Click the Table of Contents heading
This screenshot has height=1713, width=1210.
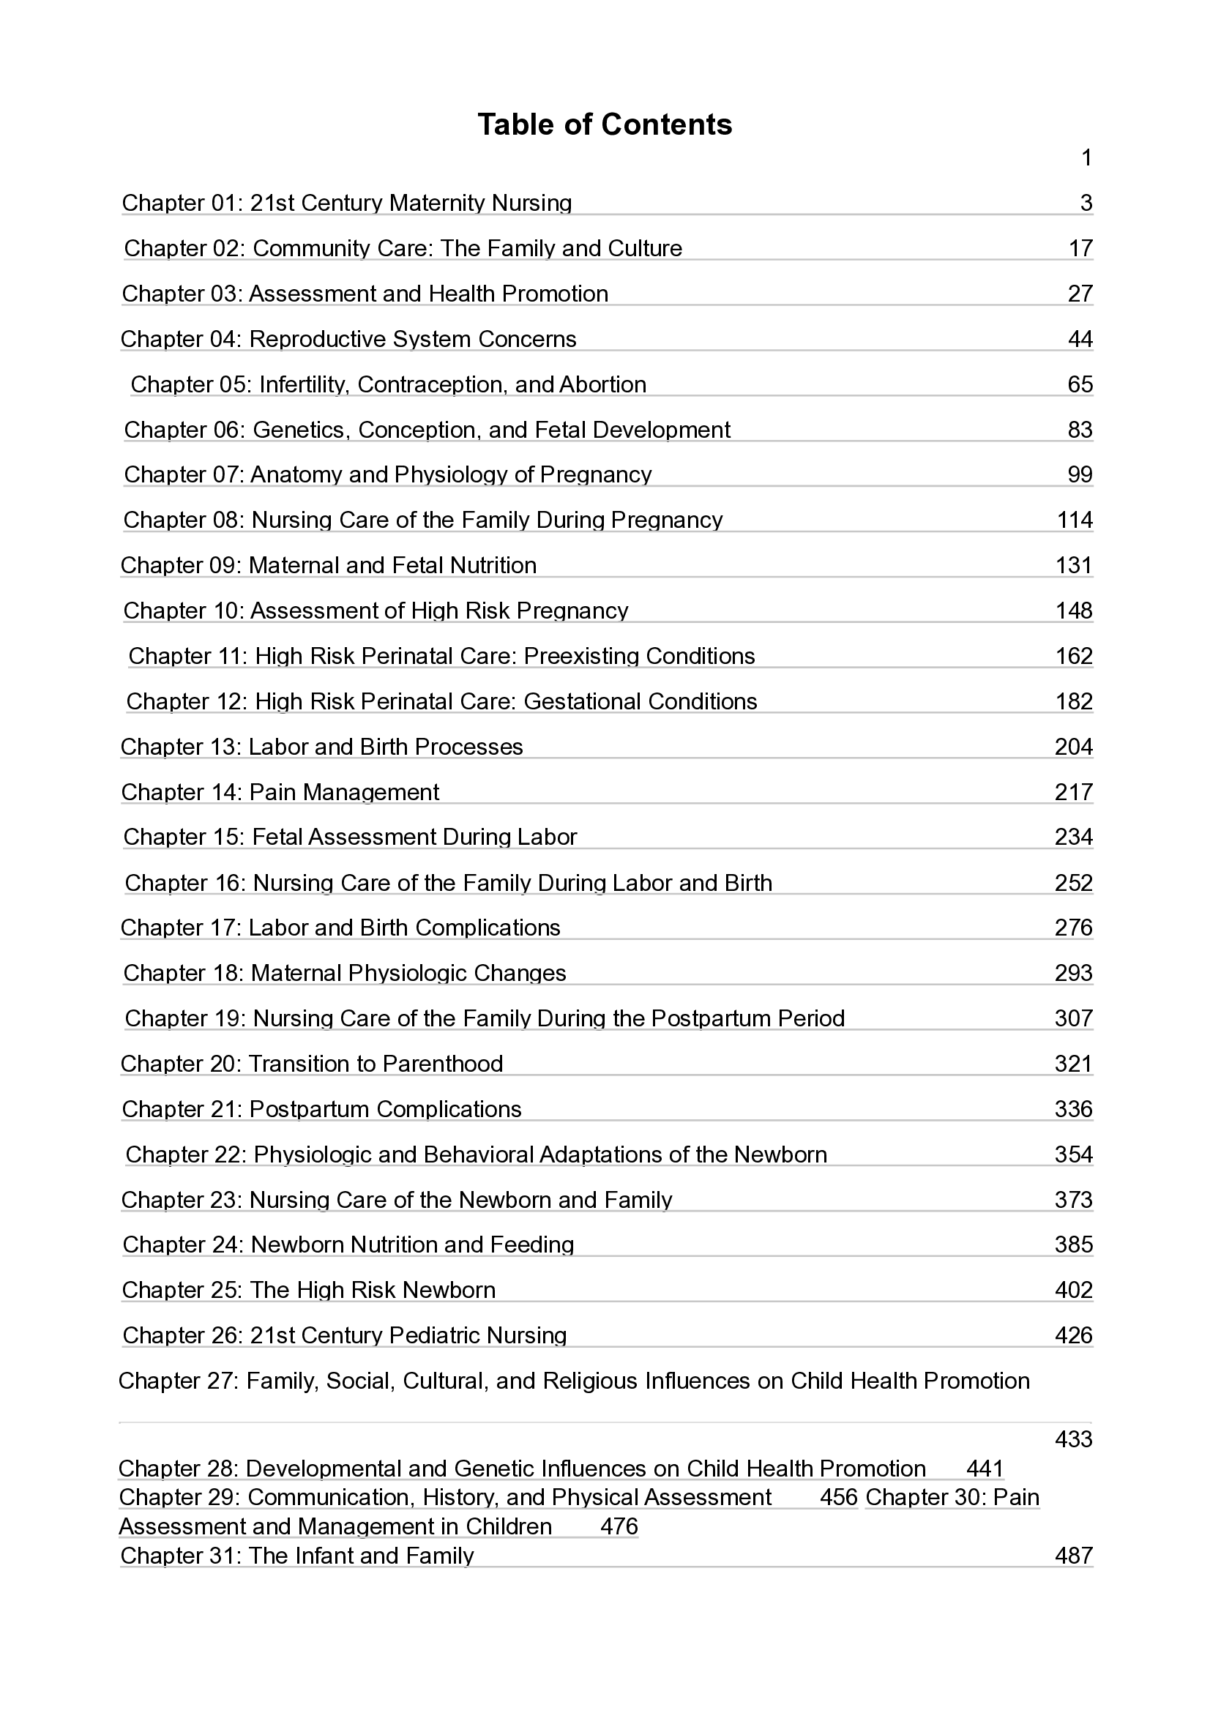click(x=604, y=124)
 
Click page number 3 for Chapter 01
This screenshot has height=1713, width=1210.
click(x=1086, y=203)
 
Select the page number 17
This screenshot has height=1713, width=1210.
click(x=1080, y=248)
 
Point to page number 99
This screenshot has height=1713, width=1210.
click(x=1080, y=474)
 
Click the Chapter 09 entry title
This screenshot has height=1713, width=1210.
click(x=328, y=566)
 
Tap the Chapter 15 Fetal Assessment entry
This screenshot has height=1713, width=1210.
click(x=350, y=837)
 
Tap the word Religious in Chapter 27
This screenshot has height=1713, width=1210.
click(x=589, y=1381)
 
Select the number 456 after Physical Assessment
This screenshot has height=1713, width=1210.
click(x=838, y=1497)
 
